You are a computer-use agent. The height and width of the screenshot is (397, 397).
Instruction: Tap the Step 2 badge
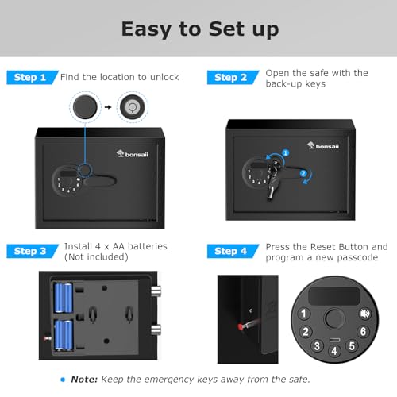(231, 77)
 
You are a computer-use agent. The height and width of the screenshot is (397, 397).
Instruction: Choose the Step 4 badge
(231, 251)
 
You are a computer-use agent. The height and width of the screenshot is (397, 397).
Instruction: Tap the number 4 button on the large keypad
(334, 350)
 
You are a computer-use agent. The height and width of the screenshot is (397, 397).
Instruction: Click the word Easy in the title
(149, 29)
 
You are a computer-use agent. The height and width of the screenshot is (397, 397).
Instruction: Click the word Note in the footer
(84, 378)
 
